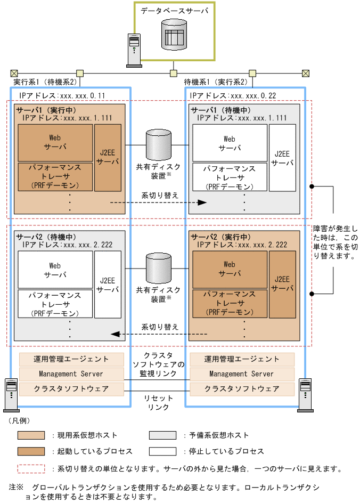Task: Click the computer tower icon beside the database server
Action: point(133,51)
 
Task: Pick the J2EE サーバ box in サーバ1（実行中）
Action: point(108,158)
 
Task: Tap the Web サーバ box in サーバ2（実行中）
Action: point(230,269)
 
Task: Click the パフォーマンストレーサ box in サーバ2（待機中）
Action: point(55,303)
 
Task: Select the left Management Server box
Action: point(71,374)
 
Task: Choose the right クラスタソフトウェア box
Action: point(242,389)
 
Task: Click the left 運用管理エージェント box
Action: point(71,359)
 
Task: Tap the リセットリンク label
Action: point(159,402)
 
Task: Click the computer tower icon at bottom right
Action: point(306,394)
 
